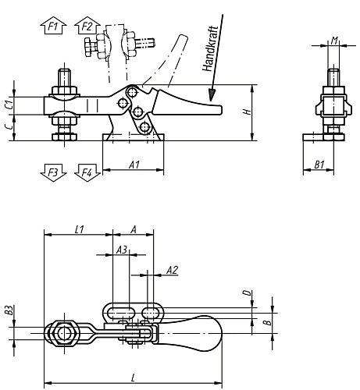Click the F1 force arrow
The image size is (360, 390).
[53, 26]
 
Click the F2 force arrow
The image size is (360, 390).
[87, 26]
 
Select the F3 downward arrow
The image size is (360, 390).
[53, 172]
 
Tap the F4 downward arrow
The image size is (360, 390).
[87, 172]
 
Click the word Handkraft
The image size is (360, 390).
[210, 48]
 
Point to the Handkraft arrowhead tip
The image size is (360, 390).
[211, 101]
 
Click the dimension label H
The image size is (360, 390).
[247, 112]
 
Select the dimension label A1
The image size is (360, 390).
[134, 165]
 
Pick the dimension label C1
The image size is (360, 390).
[9, 105]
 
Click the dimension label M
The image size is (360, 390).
[334, 41]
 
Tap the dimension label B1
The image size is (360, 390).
[319, 165]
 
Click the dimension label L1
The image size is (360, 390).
[80, 229]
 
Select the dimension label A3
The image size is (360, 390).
[122, 250]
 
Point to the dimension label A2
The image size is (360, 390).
[172, 270]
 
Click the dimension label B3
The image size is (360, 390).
[9, 310]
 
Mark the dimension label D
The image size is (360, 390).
[248, 293]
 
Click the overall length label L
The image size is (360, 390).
[134, 378]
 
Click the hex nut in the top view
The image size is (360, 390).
[62, 334]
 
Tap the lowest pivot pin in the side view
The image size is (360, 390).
[144, 127]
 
